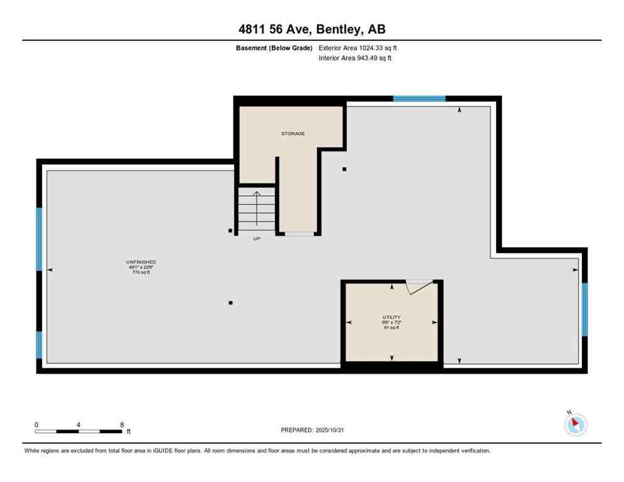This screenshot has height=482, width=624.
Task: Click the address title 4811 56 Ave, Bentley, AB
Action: tap(311, 29)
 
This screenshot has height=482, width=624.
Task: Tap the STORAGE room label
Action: tap(293, 134)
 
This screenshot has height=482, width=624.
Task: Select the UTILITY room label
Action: tap(392, 318)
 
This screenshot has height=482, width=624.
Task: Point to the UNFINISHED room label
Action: tap(141, 262)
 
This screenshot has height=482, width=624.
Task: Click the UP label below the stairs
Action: tap(256, 238)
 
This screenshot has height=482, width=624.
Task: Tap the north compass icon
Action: tap(575, 424)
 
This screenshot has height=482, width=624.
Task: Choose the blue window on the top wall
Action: tap(419, 99)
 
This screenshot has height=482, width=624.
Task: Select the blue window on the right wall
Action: tap(584, 309)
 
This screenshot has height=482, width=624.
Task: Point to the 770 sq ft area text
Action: tap(141, 272)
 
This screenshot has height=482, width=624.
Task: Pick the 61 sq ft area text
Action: tap(392, 328)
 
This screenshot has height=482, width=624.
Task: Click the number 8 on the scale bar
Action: tap(121, 425)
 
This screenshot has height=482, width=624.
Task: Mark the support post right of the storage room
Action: tap(344, 169)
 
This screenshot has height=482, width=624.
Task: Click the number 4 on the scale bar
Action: tap(78, 425)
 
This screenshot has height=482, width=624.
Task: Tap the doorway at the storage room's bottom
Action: tap(299, 233)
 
